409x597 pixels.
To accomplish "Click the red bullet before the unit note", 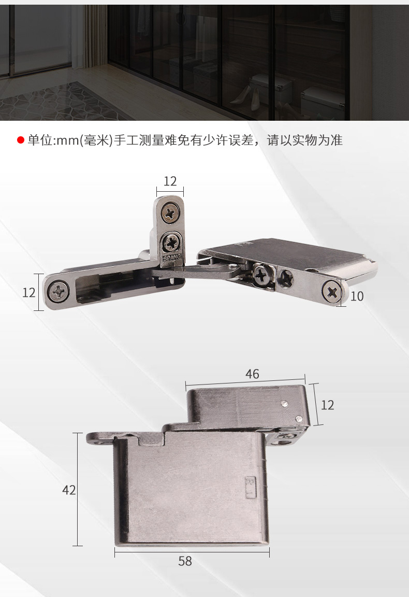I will tap(21, 140).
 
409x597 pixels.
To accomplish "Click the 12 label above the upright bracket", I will tap(170, 181).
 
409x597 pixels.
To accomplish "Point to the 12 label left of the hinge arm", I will tap(29, 292).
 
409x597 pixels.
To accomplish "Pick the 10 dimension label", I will tap(357, 296).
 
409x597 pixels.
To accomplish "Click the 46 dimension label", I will tap(252, 374).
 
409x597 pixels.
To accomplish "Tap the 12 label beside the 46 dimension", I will tap(327, 405).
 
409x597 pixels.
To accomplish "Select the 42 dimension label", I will tap(69, 490).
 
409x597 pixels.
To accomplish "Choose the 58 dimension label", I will tap(185, 561).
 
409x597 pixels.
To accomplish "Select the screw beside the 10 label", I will tap(332, 291).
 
